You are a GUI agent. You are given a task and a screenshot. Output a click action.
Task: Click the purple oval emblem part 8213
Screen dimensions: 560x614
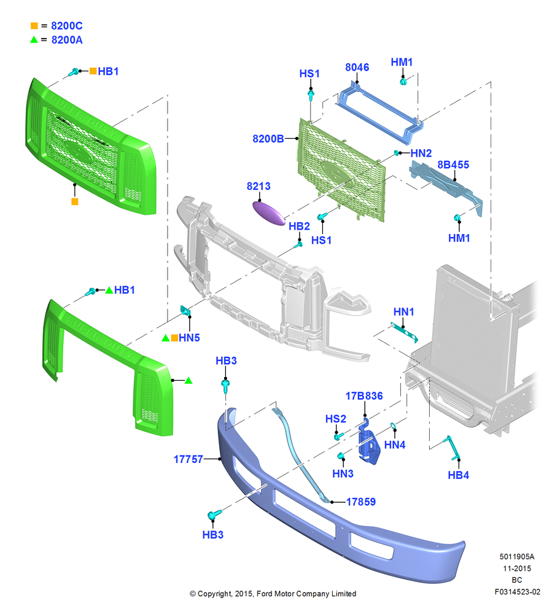269,213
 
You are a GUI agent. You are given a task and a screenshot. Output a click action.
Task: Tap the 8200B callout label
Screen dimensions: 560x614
268,139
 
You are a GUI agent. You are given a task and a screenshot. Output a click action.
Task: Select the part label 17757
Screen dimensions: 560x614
189,459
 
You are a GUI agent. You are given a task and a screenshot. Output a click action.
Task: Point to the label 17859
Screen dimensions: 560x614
360,502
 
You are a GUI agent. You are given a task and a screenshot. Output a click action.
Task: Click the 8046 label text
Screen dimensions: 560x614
357,68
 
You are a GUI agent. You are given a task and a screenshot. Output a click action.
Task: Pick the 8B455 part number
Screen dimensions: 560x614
453,165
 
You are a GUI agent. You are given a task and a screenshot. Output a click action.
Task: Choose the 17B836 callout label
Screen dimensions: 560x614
364,396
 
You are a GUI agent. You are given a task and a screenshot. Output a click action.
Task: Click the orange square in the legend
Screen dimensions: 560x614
34,26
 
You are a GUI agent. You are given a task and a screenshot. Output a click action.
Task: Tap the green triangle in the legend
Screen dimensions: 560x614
34,39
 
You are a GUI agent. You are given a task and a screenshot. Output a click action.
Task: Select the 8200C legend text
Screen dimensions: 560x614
67,26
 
